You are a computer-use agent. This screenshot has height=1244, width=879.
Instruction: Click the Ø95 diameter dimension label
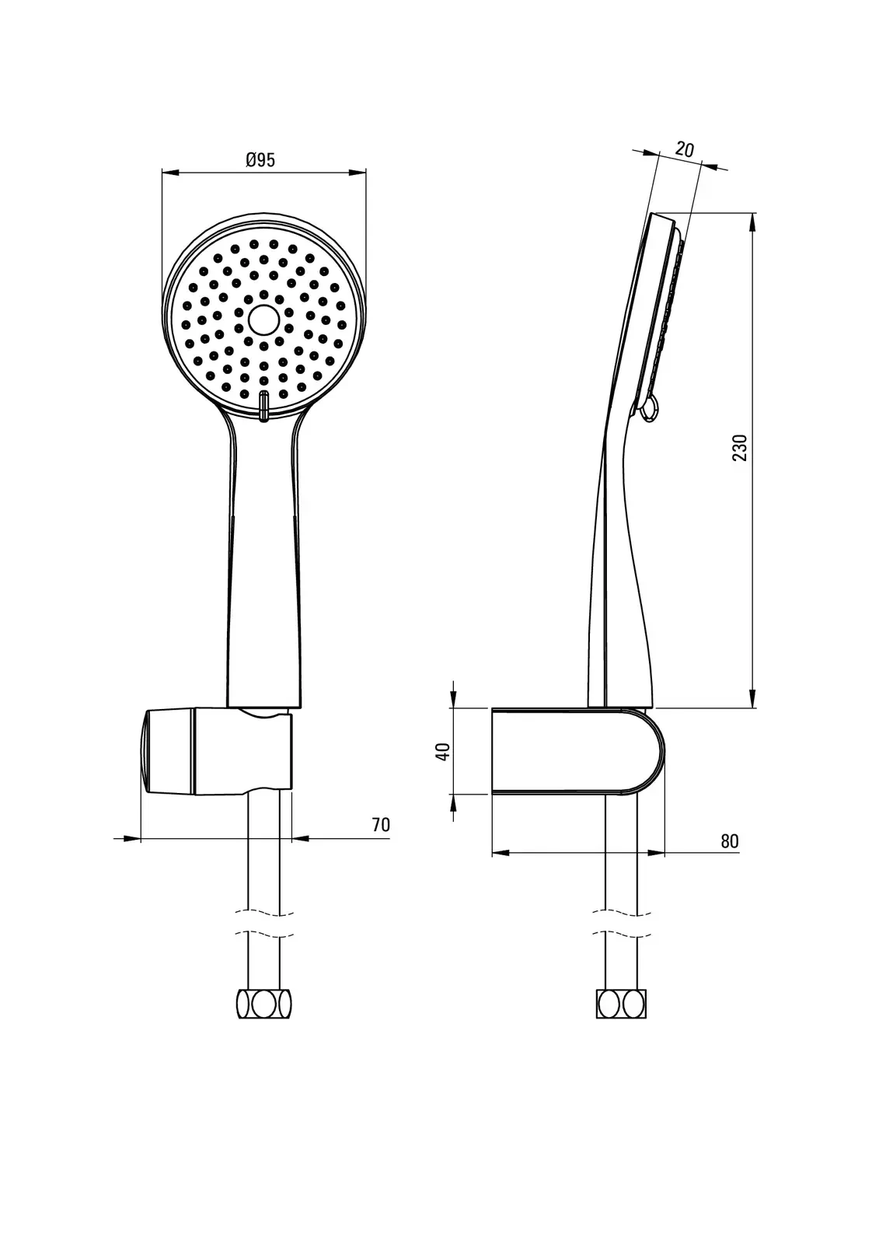click(260, 160)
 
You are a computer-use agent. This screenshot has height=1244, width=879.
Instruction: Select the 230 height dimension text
click(740, 448)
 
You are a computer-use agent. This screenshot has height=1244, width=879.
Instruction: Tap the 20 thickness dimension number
click(685, 149)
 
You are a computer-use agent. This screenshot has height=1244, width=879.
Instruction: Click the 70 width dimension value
click(381, 825)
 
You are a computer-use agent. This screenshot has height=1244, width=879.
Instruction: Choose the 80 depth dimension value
click(730, 841)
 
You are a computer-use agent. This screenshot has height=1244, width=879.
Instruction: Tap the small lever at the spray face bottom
click(264, 405)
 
